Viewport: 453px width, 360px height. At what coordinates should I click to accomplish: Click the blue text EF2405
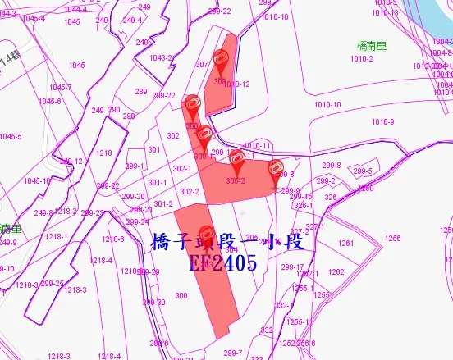[222, 262]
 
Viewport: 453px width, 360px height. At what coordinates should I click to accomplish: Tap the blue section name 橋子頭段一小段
[228, 242]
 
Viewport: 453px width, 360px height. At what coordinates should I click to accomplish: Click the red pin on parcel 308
[219, 60]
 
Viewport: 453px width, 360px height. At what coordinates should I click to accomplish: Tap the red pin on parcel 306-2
[236, 157]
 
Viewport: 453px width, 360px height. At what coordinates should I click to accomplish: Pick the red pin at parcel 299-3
[276, 168]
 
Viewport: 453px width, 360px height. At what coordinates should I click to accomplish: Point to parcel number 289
[141, 92]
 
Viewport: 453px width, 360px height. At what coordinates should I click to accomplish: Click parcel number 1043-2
[160, 57]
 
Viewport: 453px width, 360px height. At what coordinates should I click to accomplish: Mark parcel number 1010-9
[382, 122]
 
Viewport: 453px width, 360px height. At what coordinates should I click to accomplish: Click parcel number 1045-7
[60, 87]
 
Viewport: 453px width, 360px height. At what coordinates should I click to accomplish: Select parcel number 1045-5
[11, 137]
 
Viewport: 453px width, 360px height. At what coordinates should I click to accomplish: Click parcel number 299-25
[52, 284]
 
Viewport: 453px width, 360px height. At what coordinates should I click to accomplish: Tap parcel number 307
[201, 65]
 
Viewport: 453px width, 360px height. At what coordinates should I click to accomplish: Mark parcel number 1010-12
[238, 84]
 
